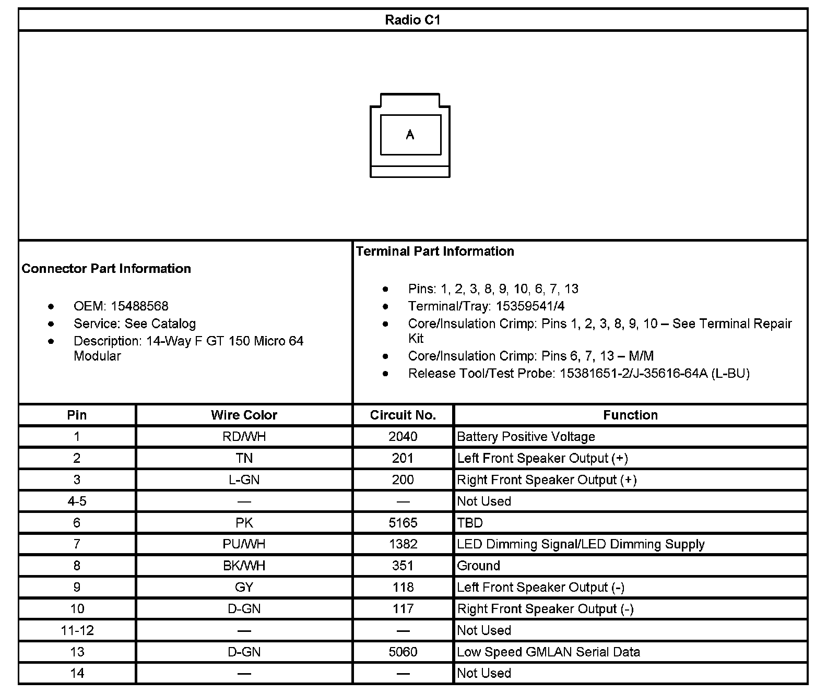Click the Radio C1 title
[x=412, y=20]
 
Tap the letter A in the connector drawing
[x=410, y=135]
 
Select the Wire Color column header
[x=244, y=415]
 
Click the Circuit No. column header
[x=403, y=415]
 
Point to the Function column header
[x=630, y=415]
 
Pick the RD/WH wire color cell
[x=244, y=437]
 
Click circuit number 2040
[x=403, y=437]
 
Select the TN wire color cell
[x=244, y=458]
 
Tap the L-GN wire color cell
[x=244, y=480]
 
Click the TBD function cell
[x=470, y=523]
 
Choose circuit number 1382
[x=403, y=544]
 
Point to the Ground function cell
[x=478, y=566]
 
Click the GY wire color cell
[x=244, y=587]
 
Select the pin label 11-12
[x=77, y=630]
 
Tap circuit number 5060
[x=403, y=652]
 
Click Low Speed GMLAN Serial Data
[x=548, y=652]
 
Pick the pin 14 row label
[x=77, y=673]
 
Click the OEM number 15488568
[x=139, y=306]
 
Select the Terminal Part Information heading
[x=435, y=252]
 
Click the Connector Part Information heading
[x=107, y=269]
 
